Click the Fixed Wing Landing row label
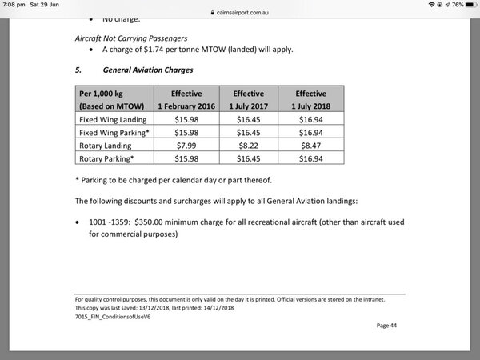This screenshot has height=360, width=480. (x=108, y=118)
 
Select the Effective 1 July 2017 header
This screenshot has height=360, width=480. (x=249, y=98)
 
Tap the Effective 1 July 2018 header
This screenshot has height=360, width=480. (x=310, y=98)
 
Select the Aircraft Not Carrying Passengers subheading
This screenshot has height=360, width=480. (x=126, y=37)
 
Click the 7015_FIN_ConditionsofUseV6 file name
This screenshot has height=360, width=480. (x=111, y=315)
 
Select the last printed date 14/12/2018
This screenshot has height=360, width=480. (x=215, y=307)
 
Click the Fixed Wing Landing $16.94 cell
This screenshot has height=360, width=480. (x=310, y=118)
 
